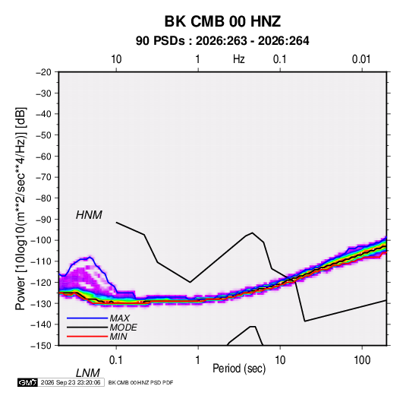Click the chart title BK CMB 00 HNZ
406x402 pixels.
222,21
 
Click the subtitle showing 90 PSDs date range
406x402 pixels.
222,41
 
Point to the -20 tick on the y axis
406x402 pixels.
43,72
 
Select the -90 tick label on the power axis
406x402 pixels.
43,220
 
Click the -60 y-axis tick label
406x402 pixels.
43,157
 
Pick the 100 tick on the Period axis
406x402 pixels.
361,360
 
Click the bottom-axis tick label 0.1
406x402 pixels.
115,360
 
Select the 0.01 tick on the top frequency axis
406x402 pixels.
361,59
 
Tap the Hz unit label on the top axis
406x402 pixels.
238,59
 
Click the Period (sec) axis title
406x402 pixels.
239,369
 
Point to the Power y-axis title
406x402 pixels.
20,209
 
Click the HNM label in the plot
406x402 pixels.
89,215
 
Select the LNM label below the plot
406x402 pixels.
87,373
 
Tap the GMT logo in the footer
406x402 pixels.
27,382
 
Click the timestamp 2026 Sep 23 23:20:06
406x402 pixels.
71,382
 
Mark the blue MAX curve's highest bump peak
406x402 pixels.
90,257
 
